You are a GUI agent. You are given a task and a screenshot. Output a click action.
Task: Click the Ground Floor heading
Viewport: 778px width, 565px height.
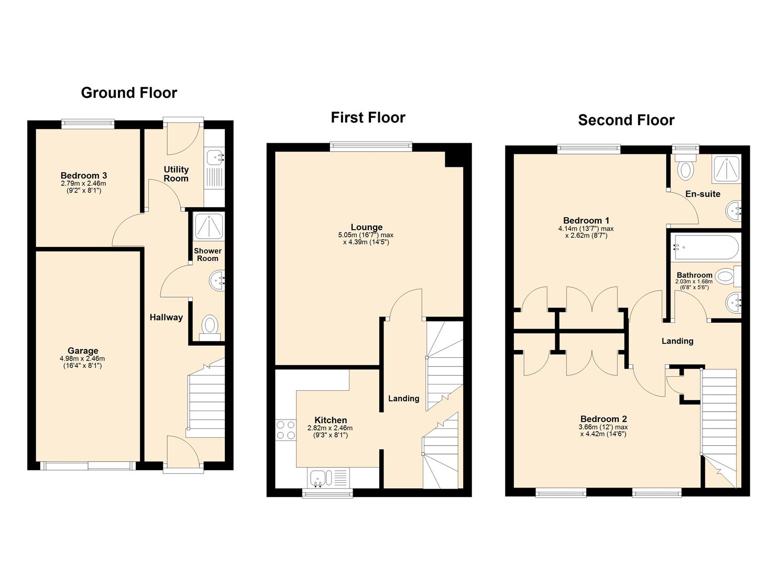point(129,93)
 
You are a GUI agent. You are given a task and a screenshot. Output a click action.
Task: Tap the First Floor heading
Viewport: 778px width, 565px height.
point(368,117)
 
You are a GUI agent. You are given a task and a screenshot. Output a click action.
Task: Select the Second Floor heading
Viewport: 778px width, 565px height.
point(626,120)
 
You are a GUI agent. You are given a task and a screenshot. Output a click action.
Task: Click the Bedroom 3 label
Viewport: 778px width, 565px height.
point(83,175)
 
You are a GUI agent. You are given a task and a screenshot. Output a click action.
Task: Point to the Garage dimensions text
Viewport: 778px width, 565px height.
point(82,362)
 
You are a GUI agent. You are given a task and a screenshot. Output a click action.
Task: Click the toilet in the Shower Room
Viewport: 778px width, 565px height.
point(210,325)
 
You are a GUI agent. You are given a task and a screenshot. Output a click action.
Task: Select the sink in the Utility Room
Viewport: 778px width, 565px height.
point(215,156)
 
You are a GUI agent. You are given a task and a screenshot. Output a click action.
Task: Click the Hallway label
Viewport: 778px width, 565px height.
point(166,317)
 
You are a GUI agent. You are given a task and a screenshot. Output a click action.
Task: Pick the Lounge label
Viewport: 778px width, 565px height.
point(366,227)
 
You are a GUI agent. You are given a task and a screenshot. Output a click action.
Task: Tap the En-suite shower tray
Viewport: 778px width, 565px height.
point(726,169)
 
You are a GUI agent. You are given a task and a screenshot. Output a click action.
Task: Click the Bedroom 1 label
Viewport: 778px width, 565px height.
point(586,220)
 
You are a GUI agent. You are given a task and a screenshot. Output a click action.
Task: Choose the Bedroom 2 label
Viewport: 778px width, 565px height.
point(603,419)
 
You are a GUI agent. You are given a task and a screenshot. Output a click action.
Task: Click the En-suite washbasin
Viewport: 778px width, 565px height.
point(733,211)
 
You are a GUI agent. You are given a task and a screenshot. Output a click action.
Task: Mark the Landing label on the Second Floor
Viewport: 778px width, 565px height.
point(677,341)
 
